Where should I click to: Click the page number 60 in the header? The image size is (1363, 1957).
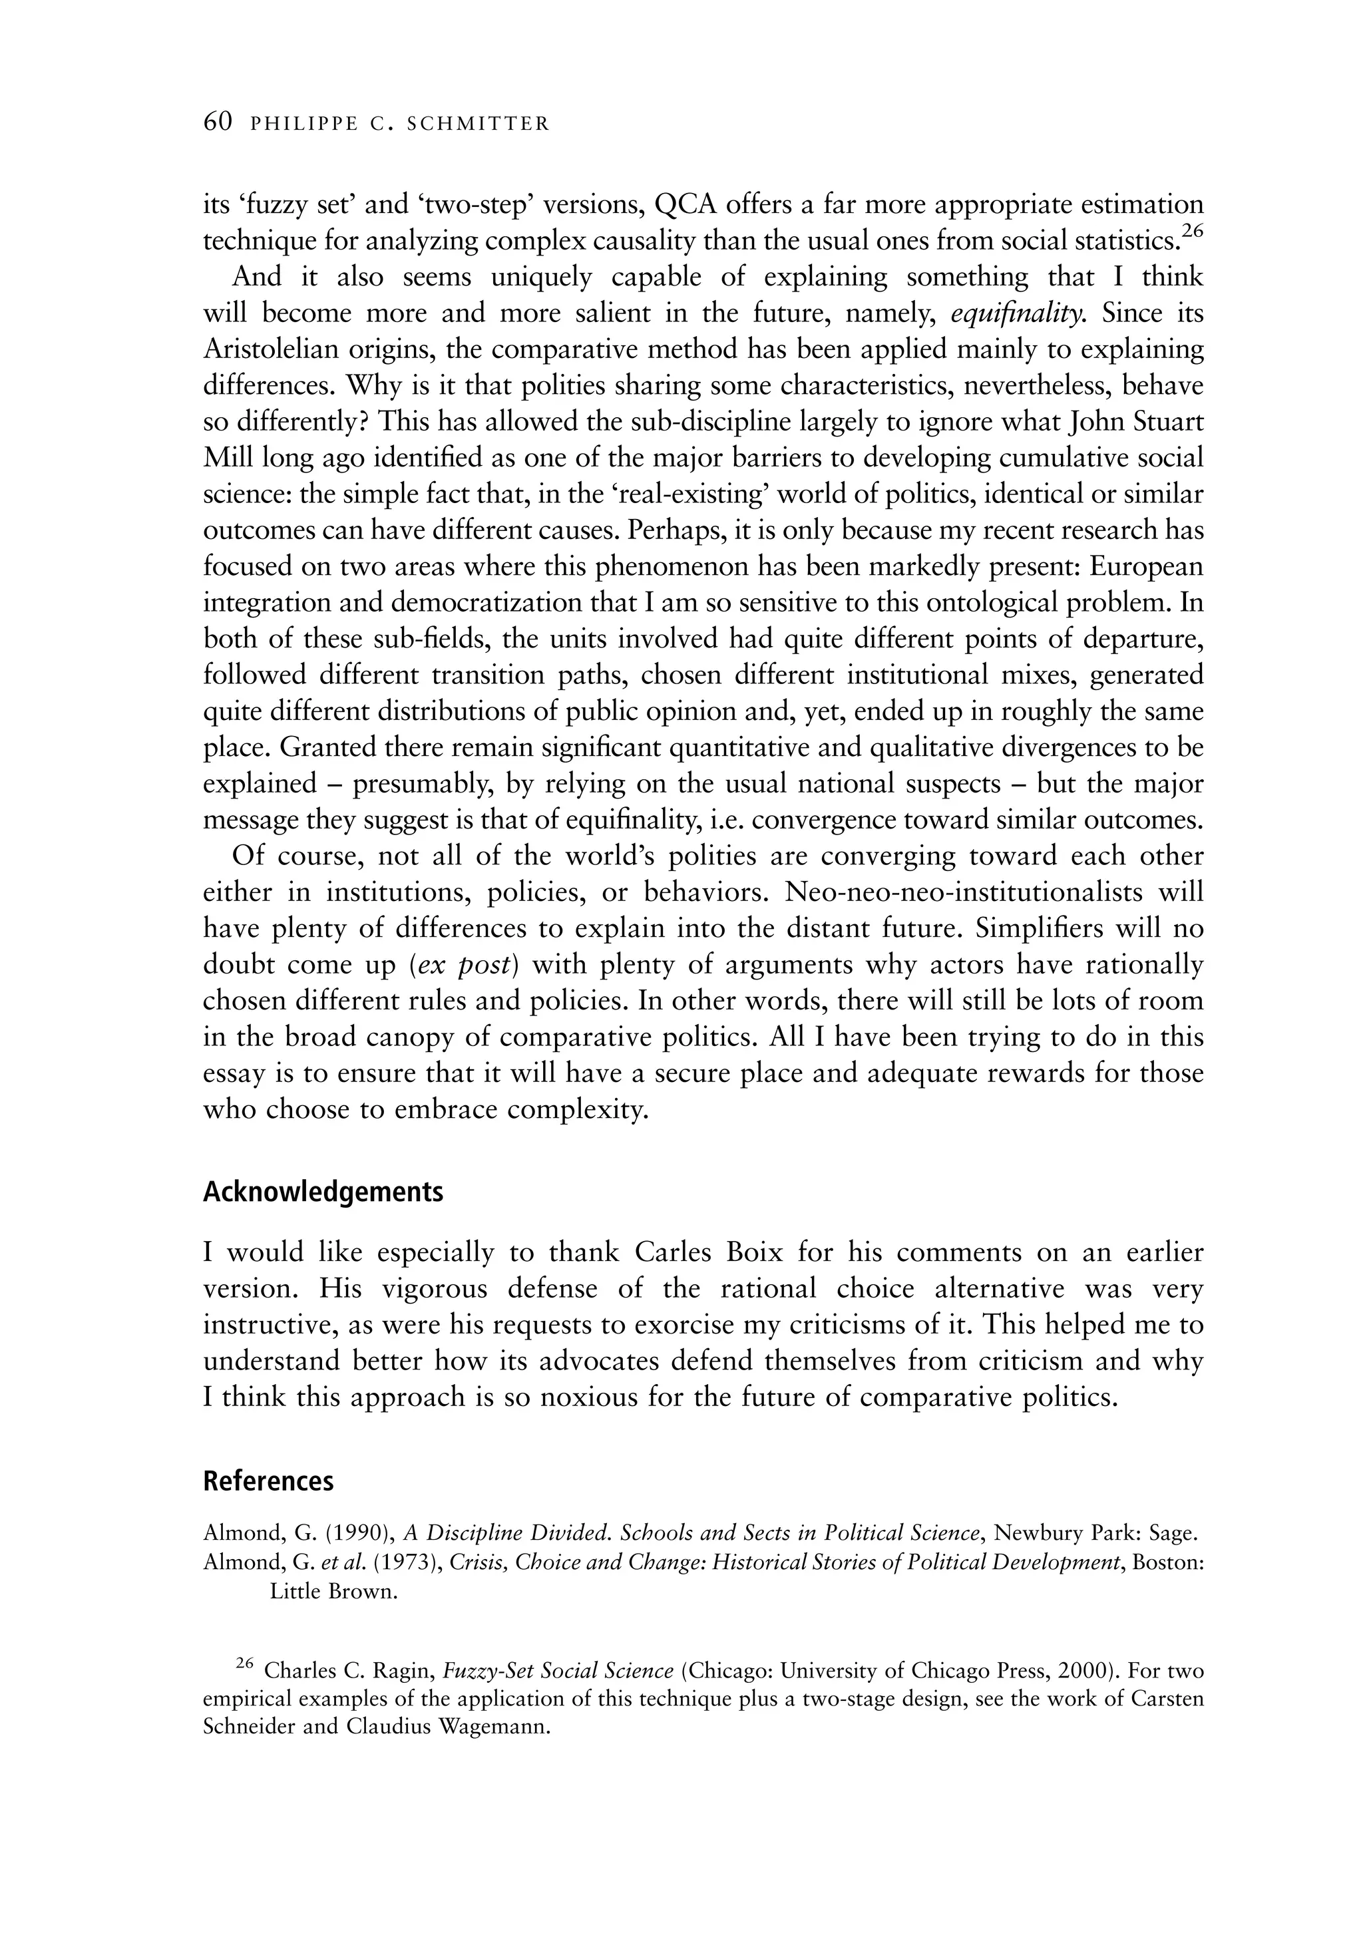[218, 122]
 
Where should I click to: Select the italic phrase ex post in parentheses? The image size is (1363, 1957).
[464, 965]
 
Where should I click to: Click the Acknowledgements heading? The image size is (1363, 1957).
[323, 1192]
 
